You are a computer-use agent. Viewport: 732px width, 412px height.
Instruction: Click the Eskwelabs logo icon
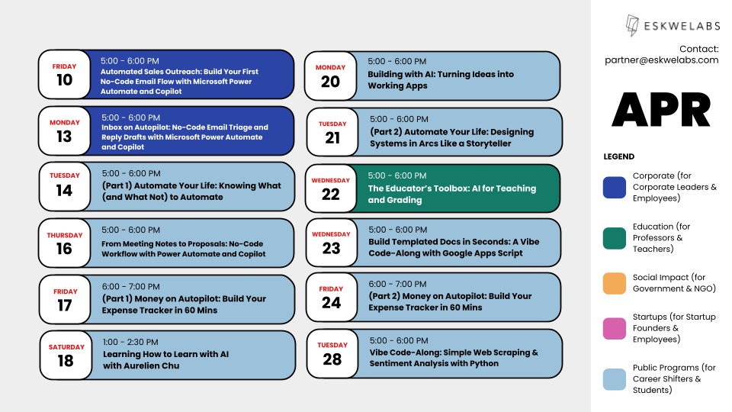632,26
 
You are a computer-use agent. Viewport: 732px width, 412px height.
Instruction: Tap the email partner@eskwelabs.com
661,60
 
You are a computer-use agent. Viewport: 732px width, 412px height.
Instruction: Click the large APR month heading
661,111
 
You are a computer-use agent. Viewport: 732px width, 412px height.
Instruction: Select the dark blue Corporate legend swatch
614,188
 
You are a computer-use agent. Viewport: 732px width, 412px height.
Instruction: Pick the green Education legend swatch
614,237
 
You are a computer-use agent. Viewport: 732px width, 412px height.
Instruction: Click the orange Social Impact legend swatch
614,283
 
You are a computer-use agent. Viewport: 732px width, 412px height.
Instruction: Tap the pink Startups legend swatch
614,328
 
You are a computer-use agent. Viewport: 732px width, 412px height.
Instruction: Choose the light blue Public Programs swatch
614,379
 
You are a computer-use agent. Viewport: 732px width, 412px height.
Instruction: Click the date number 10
64,79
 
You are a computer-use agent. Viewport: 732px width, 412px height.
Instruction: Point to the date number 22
331,194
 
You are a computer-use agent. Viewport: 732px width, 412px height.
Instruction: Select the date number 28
332,359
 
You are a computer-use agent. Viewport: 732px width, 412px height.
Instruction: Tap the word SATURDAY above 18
66,347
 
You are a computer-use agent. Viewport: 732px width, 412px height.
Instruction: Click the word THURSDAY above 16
64,235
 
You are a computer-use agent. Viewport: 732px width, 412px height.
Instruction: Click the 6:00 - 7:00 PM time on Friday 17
130,286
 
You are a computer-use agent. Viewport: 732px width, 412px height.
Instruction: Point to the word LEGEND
618,156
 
